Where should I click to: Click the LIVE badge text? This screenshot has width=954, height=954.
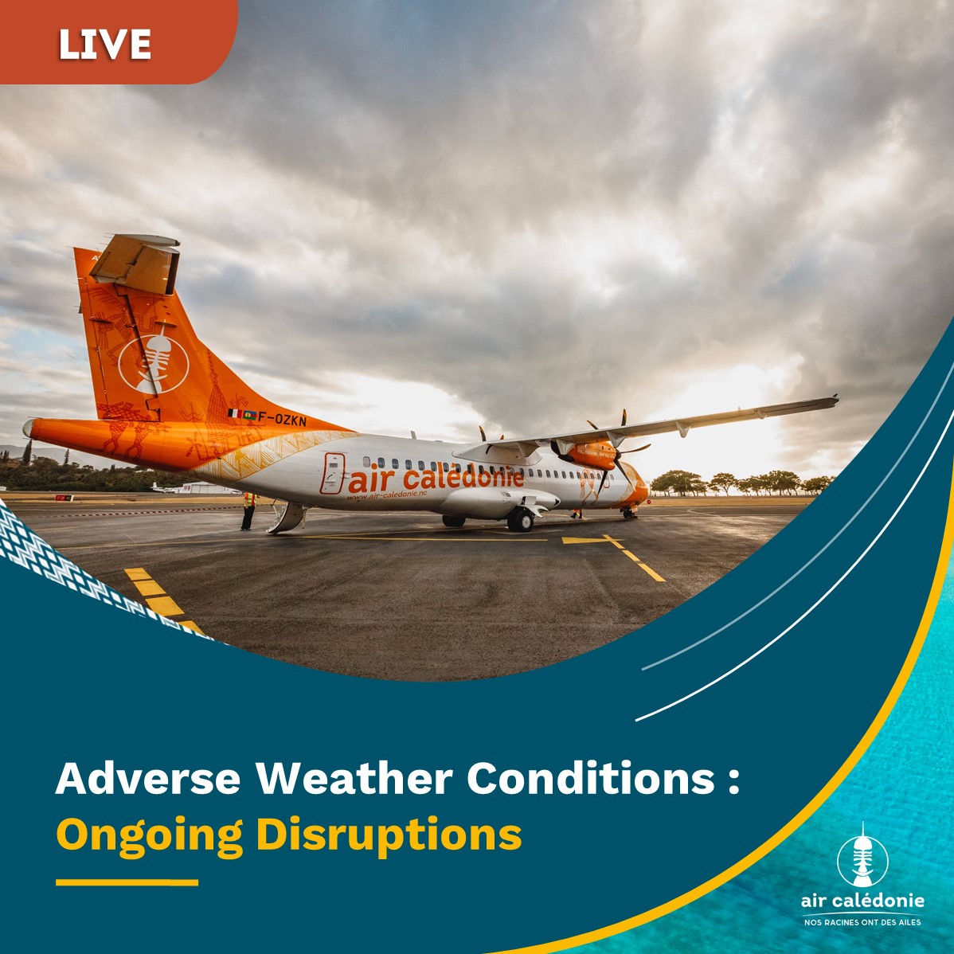tap(104, 44)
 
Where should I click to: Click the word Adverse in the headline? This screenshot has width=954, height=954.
tap(148, 778)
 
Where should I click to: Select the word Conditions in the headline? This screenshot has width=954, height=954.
tap(591, 778)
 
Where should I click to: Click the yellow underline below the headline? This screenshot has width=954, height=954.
tap(127, 882)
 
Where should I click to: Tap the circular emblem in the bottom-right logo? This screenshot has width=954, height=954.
tap(862, 859)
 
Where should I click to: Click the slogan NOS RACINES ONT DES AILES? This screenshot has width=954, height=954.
tap(862, 922)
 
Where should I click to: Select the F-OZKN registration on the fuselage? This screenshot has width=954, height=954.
tap(283, 419)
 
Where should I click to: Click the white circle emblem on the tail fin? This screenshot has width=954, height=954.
tap(154, 365)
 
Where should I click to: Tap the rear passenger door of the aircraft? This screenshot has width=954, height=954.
tap(332, 473)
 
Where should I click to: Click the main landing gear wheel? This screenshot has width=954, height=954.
tap(520, 519)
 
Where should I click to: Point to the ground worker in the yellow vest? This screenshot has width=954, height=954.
tap(248, 511)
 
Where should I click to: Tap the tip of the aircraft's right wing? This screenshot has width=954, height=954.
tap(836, 399)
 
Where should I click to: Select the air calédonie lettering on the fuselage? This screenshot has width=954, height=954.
tap(436, 479)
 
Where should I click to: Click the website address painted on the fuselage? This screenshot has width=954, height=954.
tap(387, 495)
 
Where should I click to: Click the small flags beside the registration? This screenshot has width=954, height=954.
tap(241, 414)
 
